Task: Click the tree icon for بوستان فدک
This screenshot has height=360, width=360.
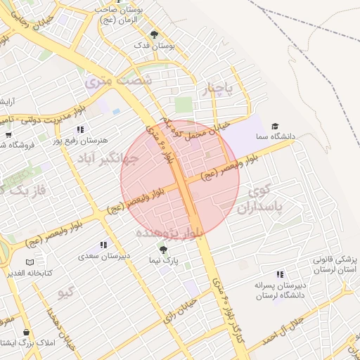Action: coord(155,34)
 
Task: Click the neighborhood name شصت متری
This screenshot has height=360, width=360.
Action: coord(118,81)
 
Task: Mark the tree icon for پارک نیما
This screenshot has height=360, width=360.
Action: coord(164,249)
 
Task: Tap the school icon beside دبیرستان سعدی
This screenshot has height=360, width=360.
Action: coord(103,245)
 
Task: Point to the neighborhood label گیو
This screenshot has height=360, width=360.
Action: coord(67,292)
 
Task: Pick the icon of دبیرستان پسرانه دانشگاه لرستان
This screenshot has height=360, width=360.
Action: coord(280,274)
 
